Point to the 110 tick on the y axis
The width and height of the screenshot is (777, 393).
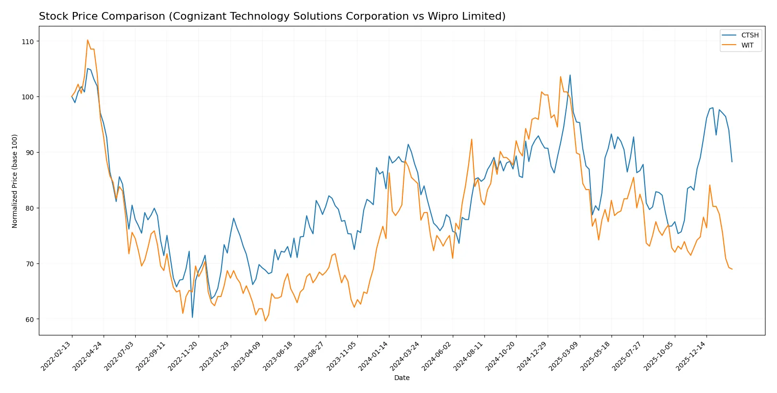point(28,42)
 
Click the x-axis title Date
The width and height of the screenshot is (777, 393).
point(401,378)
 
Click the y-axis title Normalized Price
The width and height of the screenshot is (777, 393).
point(15,181)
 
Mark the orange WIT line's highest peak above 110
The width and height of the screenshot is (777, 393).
point(87,40)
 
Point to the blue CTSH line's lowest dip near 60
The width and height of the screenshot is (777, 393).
point(192,317)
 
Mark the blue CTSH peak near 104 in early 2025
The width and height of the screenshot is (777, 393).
point(570,75)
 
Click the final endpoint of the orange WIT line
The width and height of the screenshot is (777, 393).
point(732,269)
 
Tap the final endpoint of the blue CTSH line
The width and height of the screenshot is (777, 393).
point(732,162)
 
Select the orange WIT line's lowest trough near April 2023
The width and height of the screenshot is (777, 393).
point(265,321)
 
